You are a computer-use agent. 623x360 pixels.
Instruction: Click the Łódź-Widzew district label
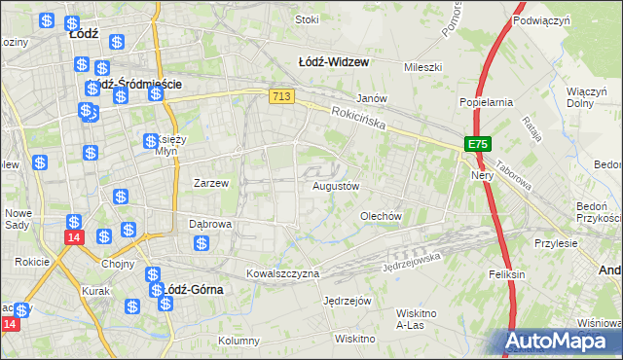point(333,61)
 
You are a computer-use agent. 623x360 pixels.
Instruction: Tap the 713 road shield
point(282,95)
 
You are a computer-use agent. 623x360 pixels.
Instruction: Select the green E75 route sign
point(477,144)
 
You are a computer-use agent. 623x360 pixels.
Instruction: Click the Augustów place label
point(336,185)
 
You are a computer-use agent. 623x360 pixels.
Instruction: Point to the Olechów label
point(381,216)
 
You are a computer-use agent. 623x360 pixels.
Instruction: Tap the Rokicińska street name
point(357,119)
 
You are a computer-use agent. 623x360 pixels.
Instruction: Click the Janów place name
point(372,98)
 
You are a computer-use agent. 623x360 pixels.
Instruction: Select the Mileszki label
point(423,67)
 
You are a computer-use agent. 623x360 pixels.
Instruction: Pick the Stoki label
point(307,19)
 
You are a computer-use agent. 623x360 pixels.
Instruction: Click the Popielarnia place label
point(486,101)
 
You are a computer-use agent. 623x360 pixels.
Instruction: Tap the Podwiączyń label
point(540,20)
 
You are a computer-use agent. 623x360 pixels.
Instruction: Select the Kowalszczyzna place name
point(282,274)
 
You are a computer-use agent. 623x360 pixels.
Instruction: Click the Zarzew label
point(211,183)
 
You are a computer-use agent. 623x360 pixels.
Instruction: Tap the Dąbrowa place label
point(210,224)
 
